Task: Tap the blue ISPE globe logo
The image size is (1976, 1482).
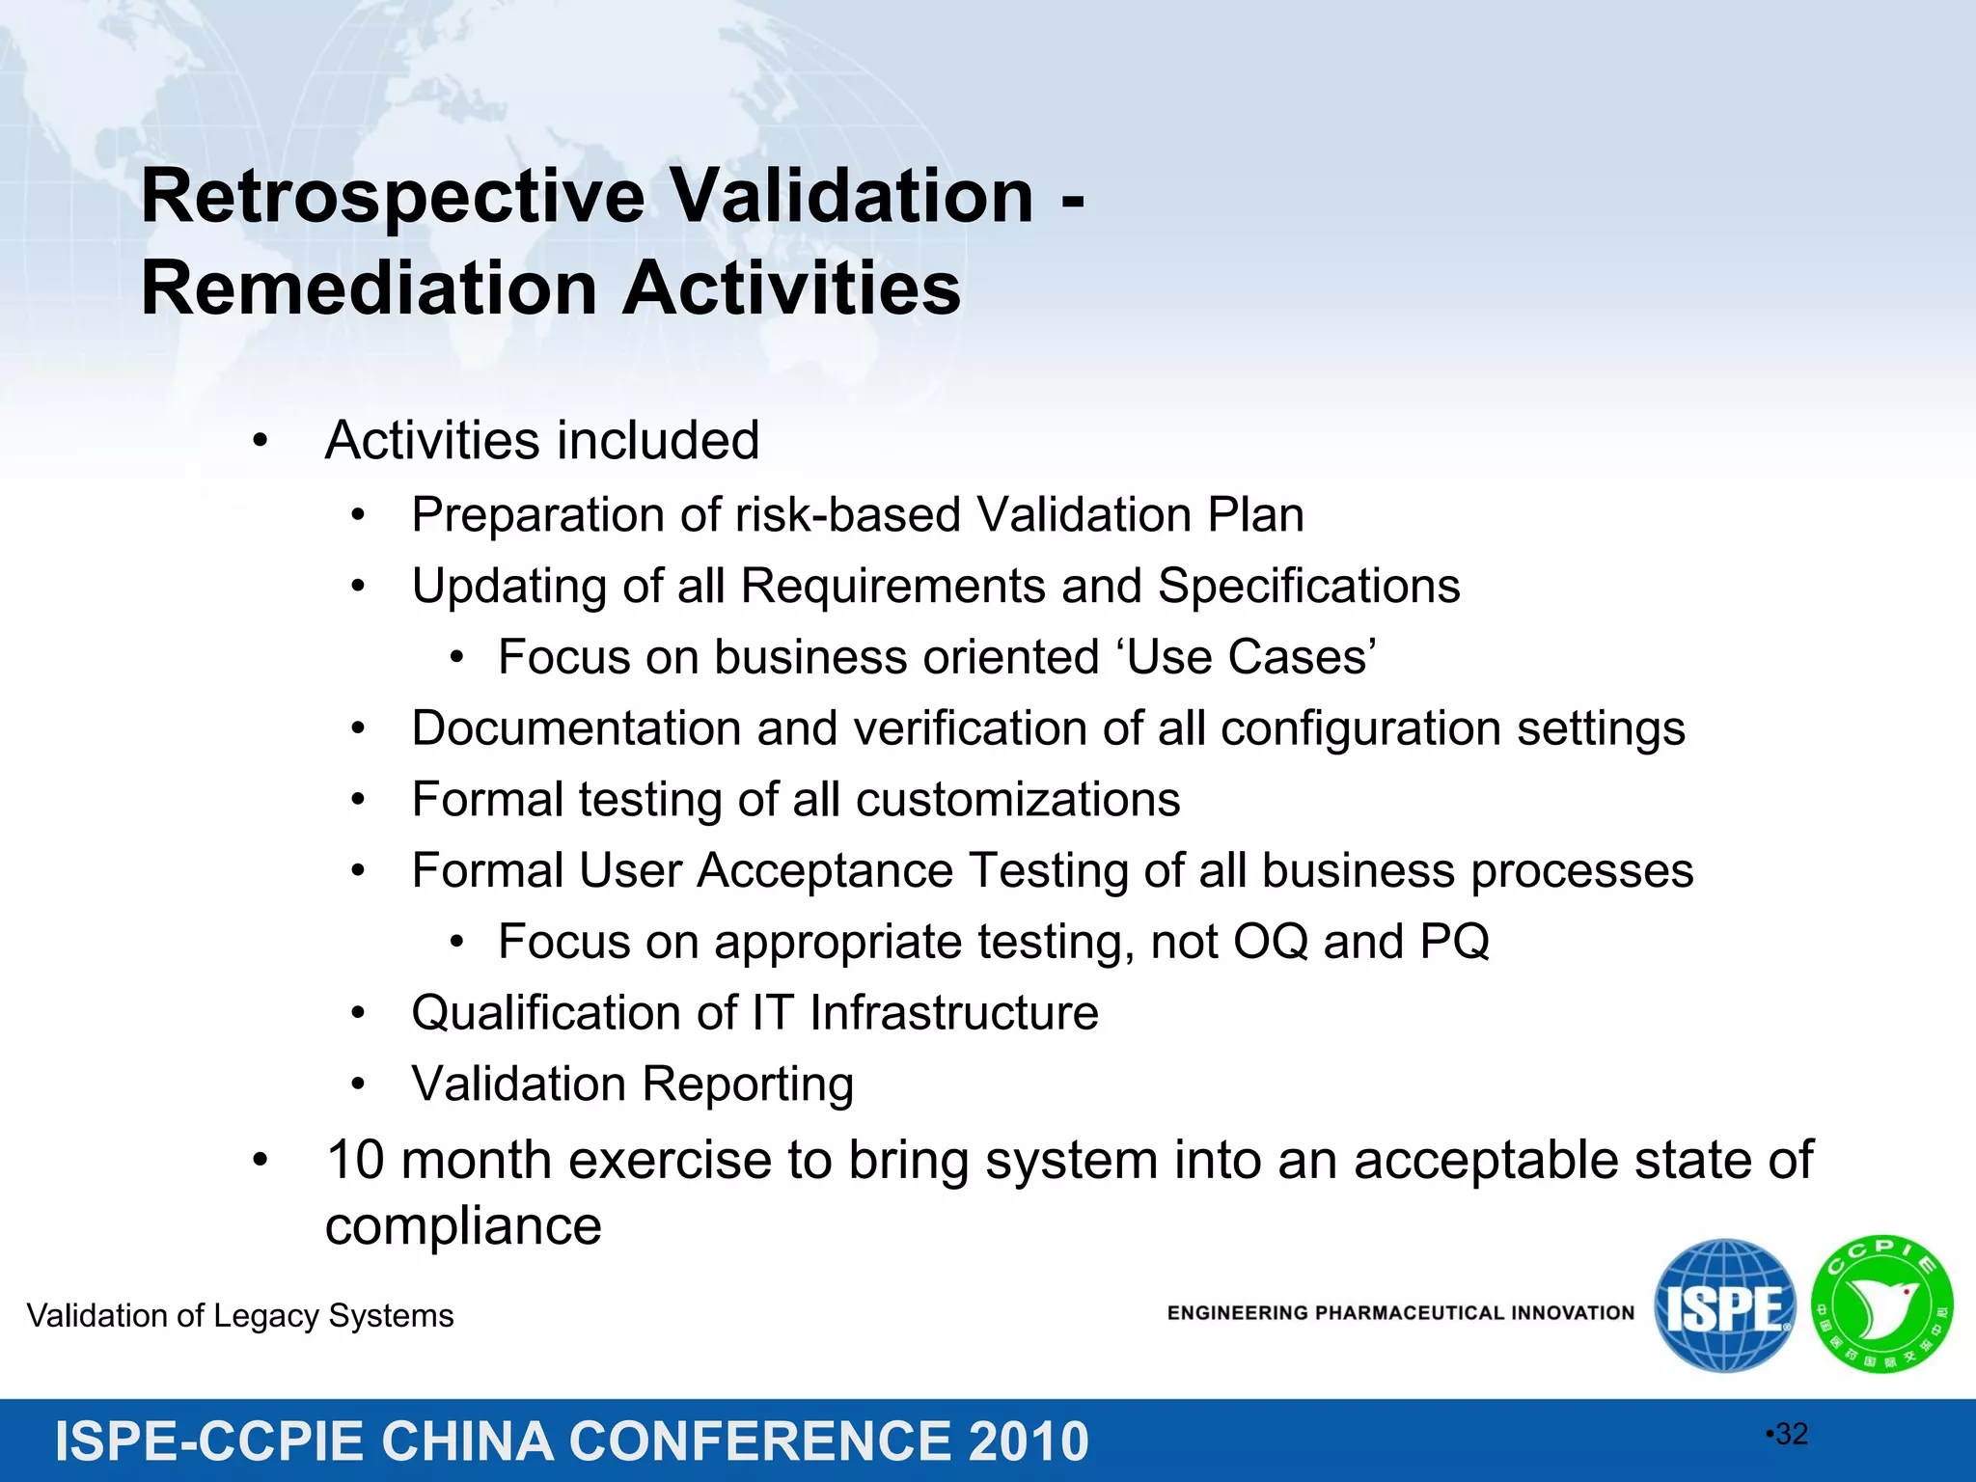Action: (1725, 1305)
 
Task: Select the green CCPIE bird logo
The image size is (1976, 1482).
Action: (1881, 1304)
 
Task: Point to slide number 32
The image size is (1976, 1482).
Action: (1790, 1435)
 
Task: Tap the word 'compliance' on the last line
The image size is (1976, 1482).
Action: (463, 1227)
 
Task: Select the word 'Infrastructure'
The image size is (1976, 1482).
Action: (953, 1013)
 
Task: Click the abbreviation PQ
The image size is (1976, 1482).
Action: (1454, 942)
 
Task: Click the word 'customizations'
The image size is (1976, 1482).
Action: (1018, 800)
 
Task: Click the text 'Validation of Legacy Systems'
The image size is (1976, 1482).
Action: (240, 1316)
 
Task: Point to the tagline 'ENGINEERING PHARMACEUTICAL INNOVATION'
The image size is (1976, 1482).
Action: (1400, 1313)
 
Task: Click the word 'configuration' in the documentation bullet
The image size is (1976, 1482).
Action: (1360, 728)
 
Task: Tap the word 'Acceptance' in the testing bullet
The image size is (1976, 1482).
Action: (825, 871)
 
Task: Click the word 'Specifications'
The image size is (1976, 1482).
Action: (1308, 587)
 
